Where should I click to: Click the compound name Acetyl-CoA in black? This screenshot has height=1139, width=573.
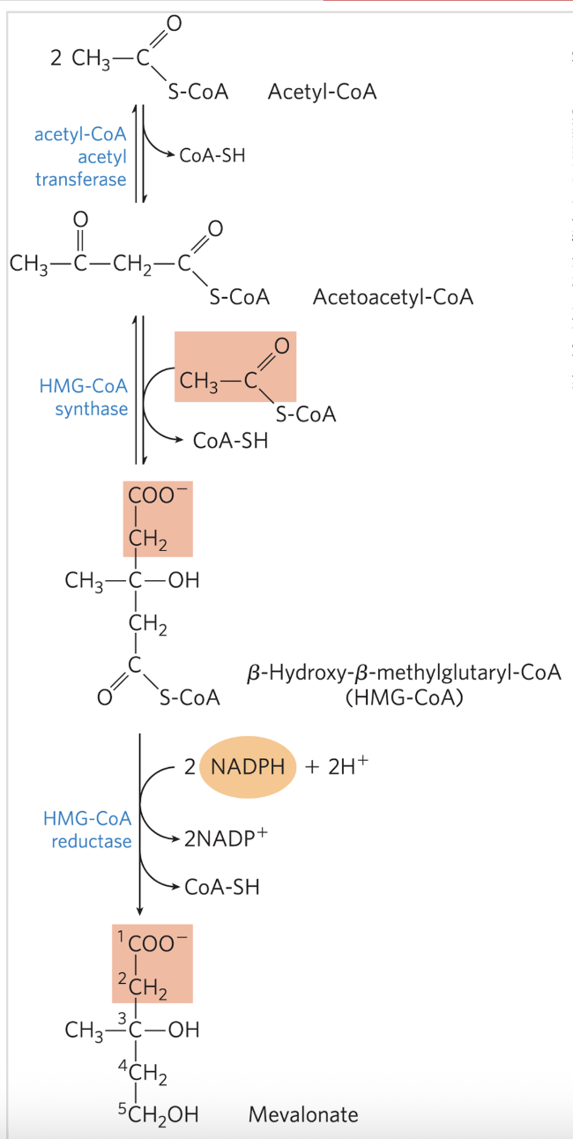click(322, 92)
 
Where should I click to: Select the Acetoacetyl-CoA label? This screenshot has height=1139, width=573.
click(392, 297)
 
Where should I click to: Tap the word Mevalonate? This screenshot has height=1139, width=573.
click(303, 1114)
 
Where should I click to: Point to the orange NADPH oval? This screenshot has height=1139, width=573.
click(248, 766)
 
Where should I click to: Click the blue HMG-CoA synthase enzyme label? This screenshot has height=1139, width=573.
click(84, 398)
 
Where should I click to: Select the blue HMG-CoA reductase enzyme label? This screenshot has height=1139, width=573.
click(88, 830)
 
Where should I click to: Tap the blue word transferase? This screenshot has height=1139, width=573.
click(80, 180)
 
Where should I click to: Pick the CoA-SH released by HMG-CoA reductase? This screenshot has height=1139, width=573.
click(222, 887)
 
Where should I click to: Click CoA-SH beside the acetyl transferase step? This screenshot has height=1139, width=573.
click(212, 156)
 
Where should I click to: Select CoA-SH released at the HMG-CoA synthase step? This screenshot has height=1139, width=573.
click(230, 440)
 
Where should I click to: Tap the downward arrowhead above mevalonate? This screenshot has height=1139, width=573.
click(139, 910)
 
